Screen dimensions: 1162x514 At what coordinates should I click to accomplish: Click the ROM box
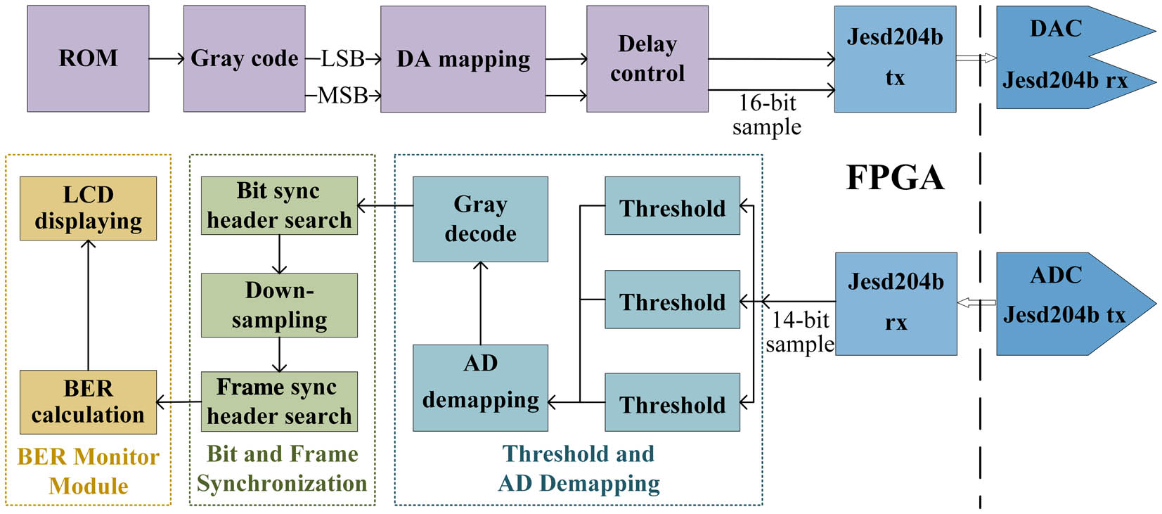(88, 58)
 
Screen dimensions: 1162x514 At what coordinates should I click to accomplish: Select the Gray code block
(245, 58)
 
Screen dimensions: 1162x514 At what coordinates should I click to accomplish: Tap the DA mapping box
(463, 59)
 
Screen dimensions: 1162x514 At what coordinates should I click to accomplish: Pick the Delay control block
(647, 59)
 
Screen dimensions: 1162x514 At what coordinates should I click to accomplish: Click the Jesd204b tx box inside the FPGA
(896, 59)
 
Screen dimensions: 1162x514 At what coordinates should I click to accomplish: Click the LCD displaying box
(88, 209)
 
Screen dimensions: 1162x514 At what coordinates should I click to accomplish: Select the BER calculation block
(88, 402)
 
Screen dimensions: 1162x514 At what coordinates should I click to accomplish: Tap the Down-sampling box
(280, 305)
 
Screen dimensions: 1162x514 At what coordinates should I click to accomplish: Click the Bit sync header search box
(280, 206)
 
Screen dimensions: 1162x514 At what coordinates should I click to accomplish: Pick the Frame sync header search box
(280, 401)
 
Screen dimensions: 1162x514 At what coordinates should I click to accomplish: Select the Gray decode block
(480, 219)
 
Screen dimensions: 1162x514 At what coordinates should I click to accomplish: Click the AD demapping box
(480, 388)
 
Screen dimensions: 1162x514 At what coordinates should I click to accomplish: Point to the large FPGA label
(895, 178)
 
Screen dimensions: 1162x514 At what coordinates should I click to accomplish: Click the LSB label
(342, 58)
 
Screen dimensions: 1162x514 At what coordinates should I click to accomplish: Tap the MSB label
(342, 96)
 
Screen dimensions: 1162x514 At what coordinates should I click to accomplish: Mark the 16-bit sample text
(767, 115)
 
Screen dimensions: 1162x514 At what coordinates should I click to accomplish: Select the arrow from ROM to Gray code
(167, 58)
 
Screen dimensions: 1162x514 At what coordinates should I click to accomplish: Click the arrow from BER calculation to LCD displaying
(88, 305)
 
